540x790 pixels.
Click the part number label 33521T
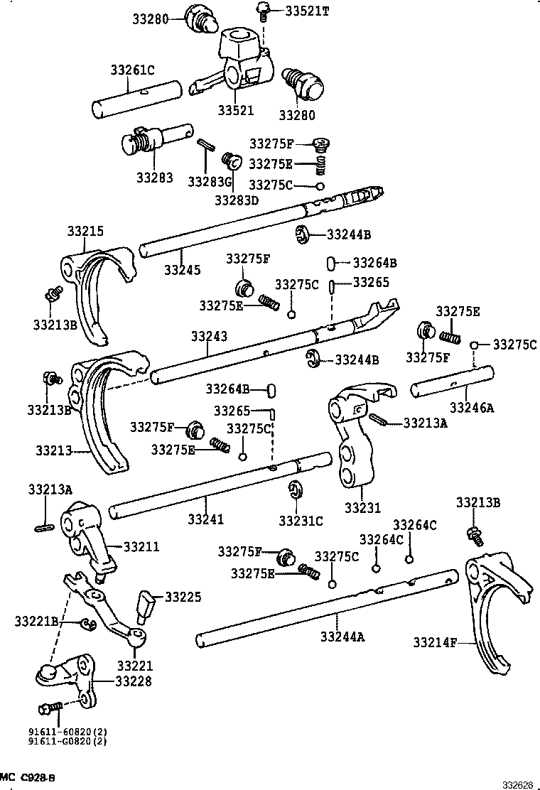pyautogui.click(x=308, y=11)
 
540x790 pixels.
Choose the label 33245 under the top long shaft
pyautogui.click(x=182, y=270)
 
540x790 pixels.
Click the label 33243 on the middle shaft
pyautogui.click(x=209, y=336)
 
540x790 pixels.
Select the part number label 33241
pyautogui.click(x=206, y=520)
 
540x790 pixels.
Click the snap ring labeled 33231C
pyautogui.click(x=295, y=490)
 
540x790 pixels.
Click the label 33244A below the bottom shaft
pyautogui.click(x=342, y=637)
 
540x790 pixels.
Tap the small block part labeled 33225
pyautogui.click(x=147, y=604)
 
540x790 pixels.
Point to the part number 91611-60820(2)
pyautogui.click(x=67, y=731)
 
